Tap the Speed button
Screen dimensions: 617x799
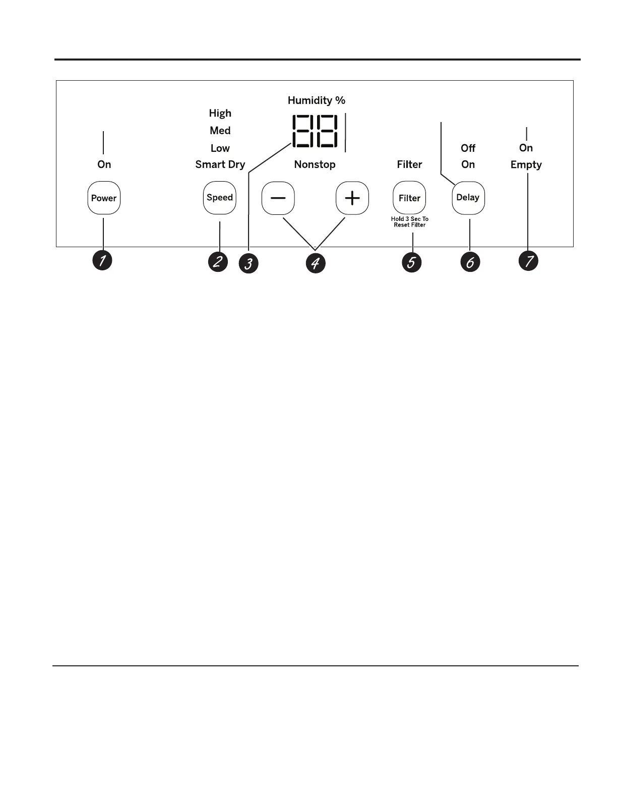[x=220, y=198]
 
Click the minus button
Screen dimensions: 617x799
[x=278, y=198]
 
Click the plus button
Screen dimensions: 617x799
[x=352, y=198]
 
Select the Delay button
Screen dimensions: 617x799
[x=468, y=198]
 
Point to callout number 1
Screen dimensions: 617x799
[x=102, y=261]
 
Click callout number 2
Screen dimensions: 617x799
[x=218, y=262]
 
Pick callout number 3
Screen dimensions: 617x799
[x=249, y=263]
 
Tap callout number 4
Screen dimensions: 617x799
[x=316, y=263]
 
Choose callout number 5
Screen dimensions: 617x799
[x=411, y=262]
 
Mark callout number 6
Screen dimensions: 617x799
[x=470, y=262]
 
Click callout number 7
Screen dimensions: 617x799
[x=528, y=261]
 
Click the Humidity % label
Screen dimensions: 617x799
[x=317, y=100]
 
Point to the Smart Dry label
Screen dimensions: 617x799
[x=220, y=164]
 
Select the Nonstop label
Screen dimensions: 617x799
[x=315, y=164]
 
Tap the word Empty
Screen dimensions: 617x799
[x=526, y=165]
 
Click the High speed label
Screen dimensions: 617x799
[x=220, y=113]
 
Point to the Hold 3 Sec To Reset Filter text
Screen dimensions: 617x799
[x=410, y=222]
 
